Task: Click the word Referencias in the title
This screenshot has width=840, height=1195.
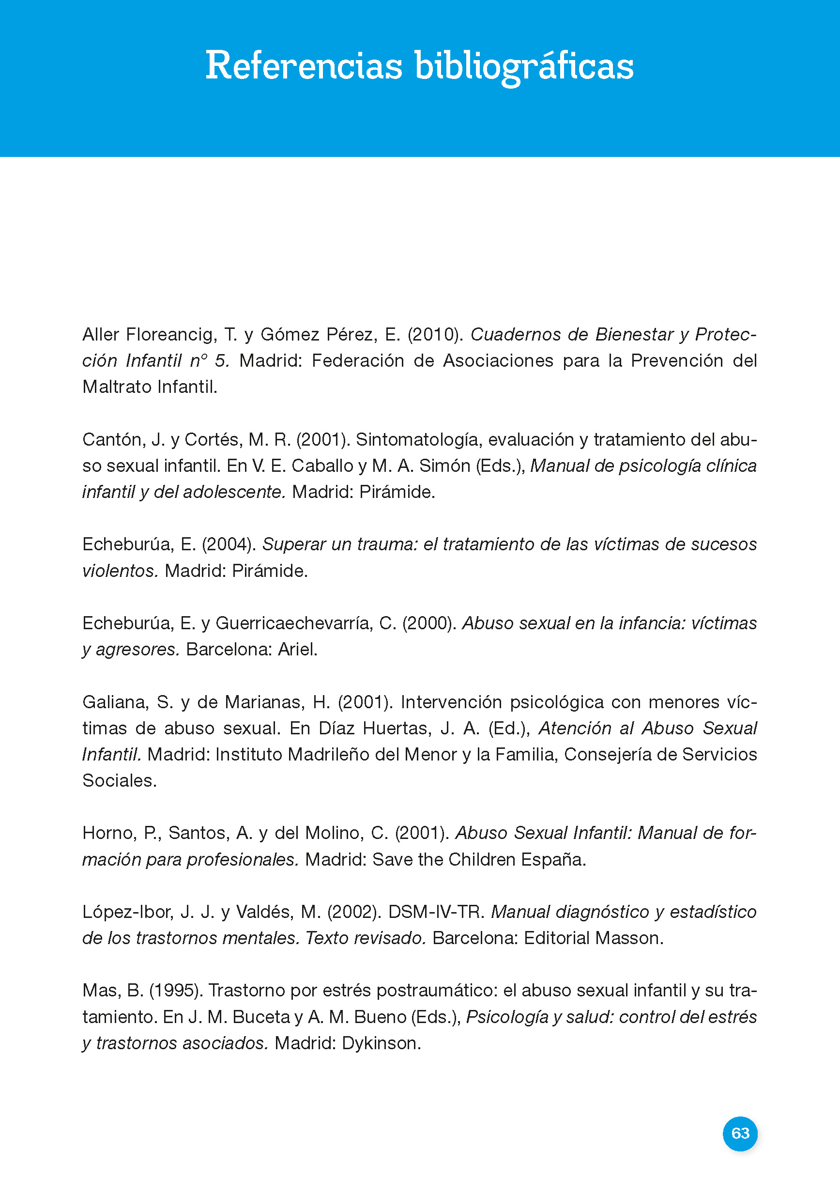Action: point(304,66)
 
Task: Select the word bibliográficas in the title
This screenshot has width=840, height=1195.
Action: point(524,66)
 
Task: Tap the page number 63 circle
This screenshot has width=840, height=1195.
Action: point(740,1133)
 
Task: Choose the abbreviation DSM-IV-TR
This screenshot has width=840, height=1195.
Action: point(436,912)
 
